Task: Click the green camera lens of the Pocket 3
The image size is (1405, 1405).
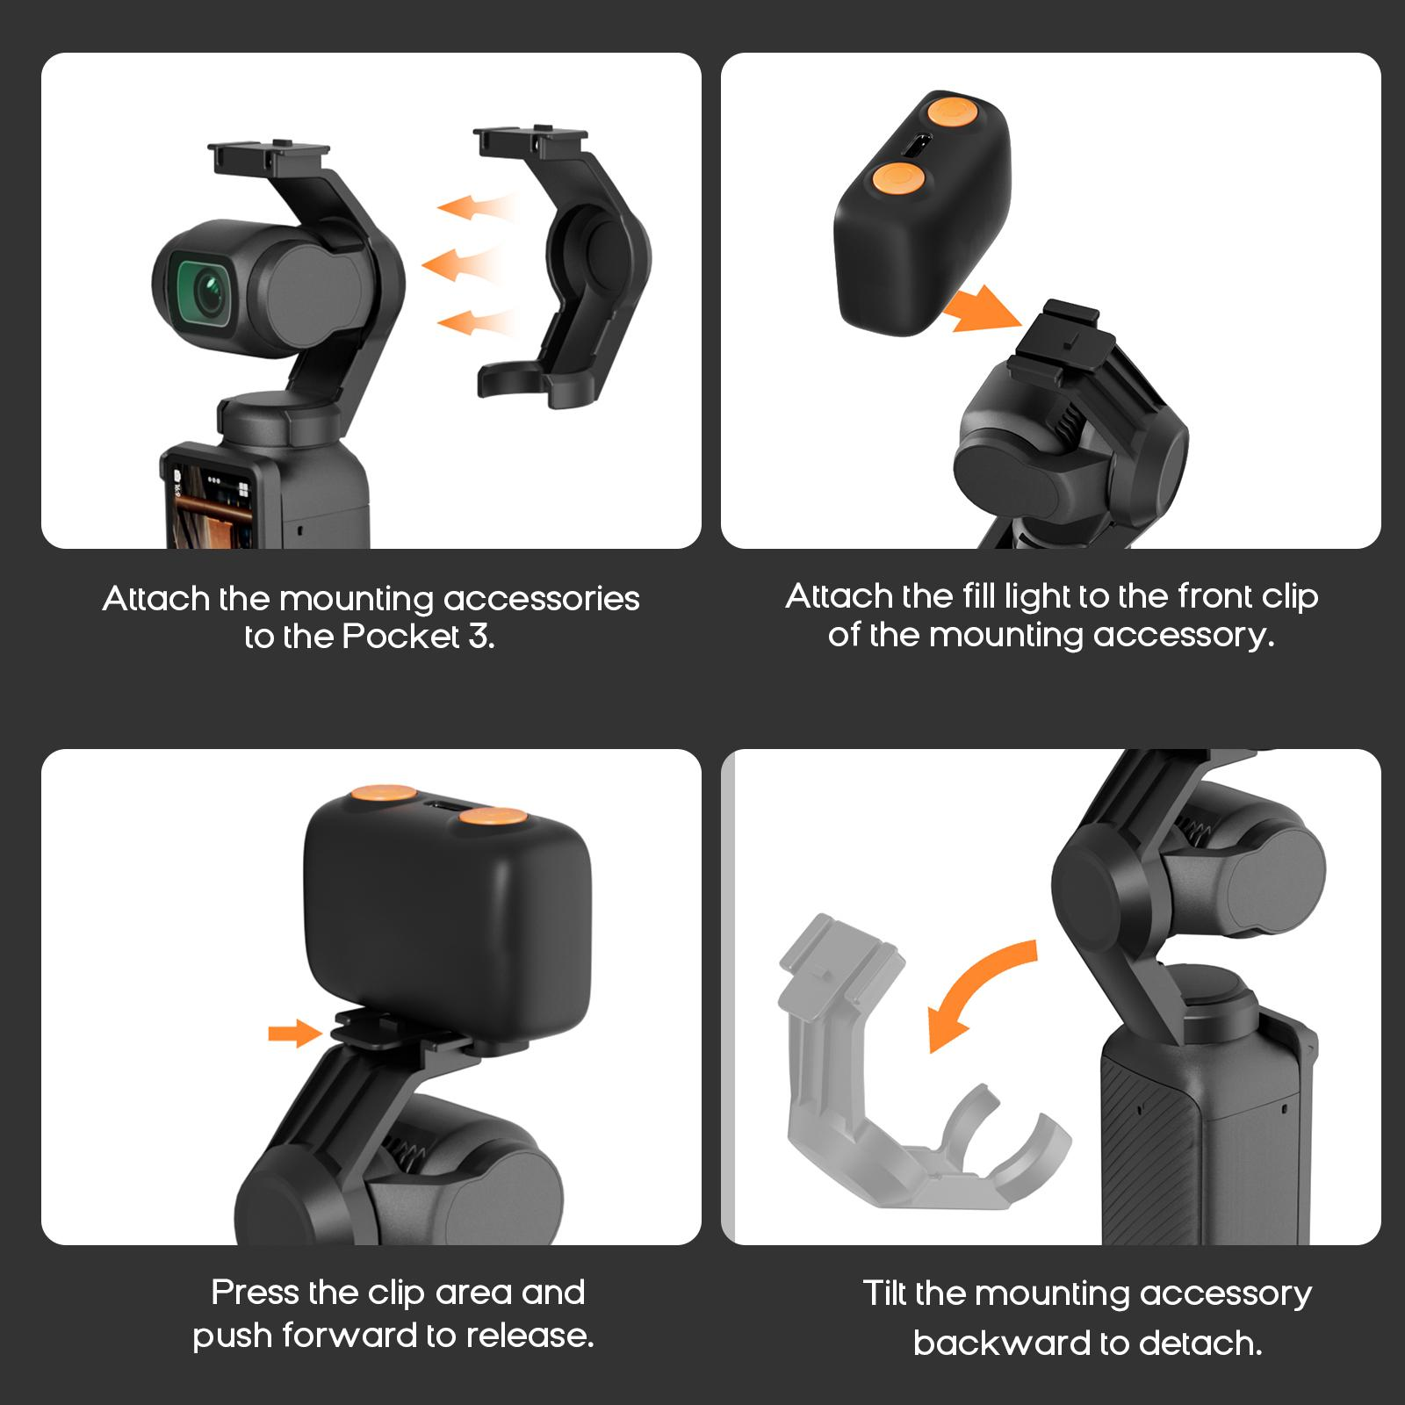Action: pos(204,292)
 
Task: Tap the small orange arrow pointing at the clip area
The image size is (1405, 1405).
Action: pos(296,1033)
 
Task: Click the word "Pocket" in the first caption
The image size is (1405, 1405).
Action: pos(400,637)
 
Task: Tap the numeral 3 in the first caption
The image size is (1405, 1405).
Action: pos(480,637)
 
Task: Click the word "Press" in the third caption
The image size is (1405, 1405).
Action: pos(256,1293)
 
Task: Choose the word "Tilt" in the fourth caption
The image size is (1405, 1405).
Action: pos(884,1293)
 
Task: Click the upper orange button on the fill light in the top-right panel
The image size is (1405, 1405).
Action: pos(955,112)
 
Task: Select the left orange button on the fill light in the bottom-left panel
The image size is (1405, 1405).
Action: pos(384,793)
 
